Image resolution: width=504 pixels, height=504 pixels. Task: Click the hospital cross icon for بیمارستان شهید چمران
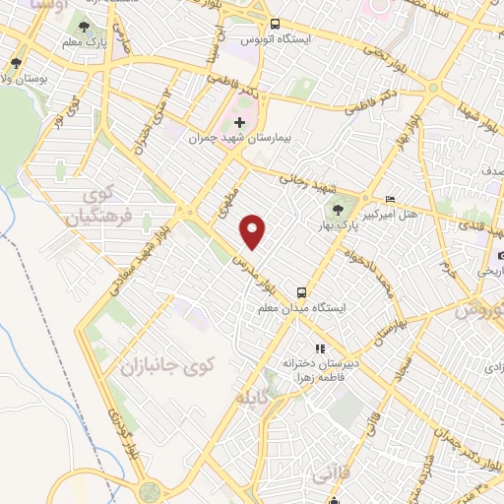click(x=239, y=123)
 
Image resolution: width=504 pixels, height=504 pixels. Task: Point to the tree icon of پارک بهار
click(x=340, y=209)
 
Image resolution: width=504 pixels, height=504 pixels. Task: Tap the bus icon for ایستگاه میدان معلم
click(x=301, y=292)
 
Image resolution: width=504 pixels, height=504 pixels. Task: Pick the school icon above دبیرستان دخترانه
click(x=318, y=348)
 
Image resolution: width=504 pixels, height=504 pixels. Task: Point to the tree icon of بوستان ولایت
click(x=16, y=64)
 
